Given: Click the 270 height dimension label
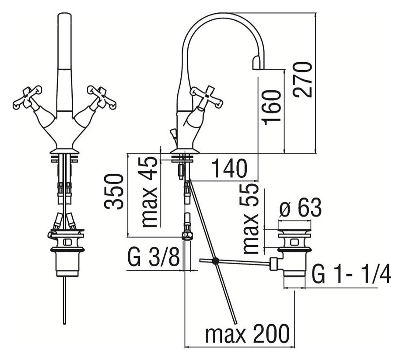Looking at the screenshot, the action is point(303,80).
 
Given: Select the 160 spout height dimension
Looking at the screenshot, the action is point(271,107).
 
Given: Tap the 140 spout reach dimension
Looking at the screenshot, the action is point(229,168).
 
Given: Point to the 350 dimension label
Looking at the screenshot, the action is point(113,191).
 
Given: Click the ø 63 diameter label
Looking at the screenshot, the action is point(300,208).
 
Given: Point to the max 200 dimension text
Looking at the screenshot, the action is point(247,334).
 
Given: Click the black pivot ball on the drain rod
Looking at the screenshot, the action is point(215,261).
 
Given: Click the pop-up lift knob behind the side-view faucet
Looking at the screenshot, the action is point(173,135).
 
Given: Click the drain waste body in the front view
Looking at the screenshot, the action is point(67,253).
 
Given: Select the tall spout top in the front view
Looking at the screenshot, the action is point(64,41).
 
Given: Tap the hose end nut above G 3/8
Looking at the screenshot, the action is point(187,235).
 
